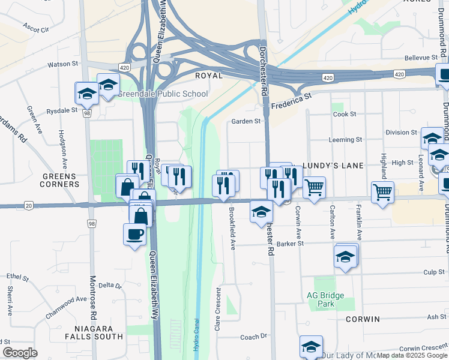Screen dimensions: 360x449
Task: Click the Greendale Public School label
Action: tap(163, 94)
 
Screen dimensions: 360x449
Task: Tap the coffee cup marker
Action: tap(134, 233)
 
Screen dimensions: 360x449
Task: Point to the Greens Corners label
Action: tap(60, 180)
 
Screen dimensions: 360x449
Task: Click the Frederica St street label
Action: tap(292, 99)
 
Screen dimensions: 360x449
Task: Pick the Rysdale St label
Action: tap(62, 110)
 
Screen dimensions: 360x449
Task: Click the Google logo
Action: tap(20, 353)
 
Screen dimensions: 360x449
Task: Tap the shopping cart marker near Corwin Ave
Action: tap(315, 188)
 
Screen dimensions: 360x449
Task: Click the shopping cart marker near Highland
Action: tap(382, 193)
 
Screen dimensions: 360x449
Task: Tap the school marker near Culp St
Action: tap(346, 256)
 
